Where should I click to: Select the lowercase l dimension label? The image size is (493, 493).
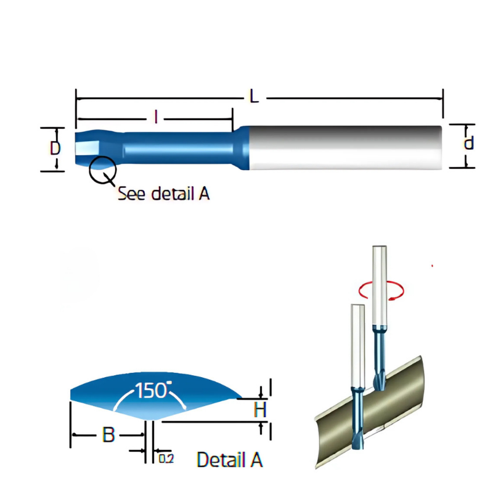(x=156, y=116)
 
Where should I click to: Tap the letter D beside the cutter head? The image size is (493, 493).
(x=55, y=149)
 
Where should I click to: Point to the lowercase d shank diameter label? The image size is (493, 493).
(x=468, y=144)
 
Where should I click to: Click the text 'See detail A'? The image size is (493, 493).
(x=163, y=193)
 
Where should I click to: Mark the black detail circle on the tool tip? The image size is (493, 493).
(x=102, y=169)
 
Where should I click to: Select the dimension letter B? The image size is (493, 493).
(x=108, y=435)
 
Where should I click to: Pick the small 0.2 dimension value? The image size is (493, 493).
(x=165, y=458)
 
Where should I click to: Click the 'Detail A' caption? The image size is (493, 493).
(x=229, y=460)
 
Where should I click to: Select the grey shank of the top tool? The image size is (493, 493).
(x=345, y=148)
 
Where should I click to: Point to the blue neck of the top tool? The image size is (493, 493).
(x=179, y=149)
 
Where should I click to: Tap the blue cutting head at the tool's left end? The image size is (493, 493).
(x=92, y=148)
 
